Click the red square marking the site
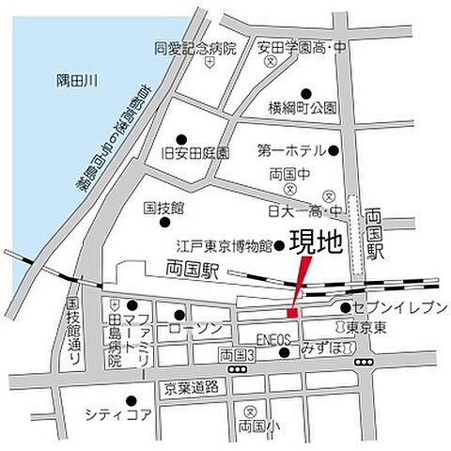(x=291, y=312)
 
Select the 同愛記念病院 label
(x=195, y=47)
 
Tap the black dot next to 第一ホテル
(x=333, y=149)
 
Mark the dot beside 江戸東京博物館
(x=279, y=246)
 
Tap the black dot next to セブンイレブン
(x=346, y=307)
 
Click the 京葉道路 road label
(x=188, y=386)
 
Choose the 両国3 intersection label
(x=237, y=354)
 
